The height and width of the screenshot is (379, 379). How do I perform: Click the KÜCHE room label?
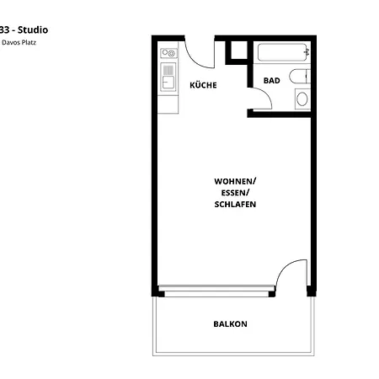point(204,85)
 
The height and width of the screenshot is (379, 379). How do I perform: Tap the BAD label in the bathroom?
point(271,81)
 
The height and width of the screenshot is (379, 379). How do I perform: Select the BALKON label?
point(230,323)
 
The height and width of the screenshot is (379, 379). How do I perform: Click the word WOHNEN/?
point(235,181)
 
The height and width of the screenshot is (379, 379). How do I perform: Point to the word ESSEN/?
point(235,193)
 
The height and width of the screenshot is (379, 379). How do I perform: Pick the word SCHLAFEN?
point(235,205)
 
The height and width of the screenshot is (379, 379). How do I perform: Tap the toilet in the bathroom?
point(301,77)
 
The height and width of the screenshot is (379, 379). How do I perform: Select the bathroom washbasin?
point(302,99)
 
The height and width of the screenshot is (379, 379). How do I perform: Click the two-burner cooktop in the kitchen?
point(169,55)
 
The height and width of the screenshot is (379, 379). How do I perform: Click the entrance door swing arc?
point(197,57)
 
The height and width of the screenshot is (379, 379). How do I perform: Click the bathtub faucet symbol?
point(307,52)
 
